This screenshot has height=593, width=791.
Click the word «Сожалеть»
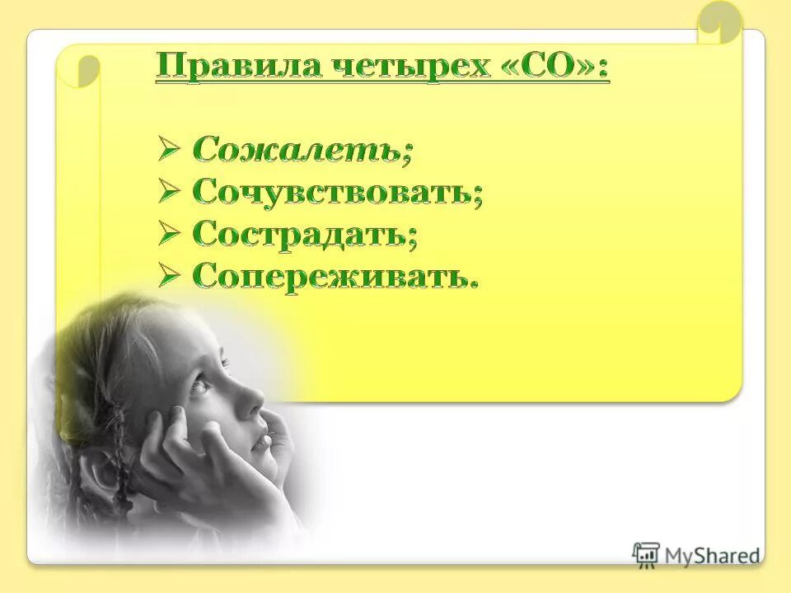pos(300,150)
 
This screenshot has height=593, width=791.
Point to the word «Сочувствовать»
pos(334,192)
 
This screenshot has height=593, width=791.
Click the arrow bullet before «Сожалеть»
pos(169,150)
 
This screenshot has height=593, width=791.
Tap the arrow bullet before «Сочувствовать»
pos(169,192)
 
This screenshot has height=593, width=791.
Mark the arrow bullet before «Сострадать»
pos(169,234)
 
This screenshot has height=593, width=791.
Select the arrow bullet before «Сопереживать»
pos(169,276)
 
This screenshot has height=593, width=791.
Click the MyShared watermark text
pos(713,556)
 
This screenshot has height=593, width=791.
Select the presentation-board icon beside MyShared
pos(646,554)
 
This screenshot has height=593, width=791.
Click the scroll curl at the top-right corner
pos(718,23)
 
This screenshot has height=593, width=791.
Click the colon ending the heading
pos(604,68)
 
